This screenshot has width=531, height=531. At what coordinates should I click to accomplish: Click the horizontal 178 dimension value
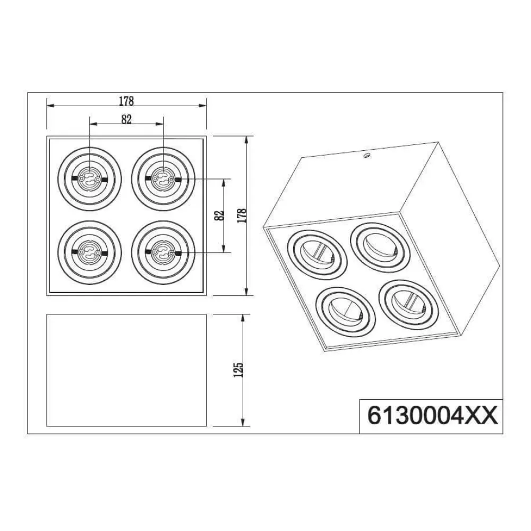pyautogui.click(x=126, y=100)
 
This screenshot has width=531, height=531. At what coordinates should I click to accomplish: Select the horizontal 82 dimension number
pyautogui.click(x=126, y=119)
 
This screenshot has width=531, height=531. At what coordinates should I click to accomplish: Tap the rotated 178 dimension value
pyautogui.click(x=242, y=216)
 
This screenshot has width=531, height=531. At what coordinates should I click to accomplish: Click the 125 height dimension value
pyautogui.click(x=238, y=370)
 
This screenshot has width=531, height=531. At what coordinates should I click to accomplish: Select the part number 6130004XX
pyautogui.click(x=432, y=416)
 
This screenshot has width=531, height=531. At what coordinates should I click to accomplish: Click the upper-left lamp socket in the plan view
pyautogui.click(x=89, y=179)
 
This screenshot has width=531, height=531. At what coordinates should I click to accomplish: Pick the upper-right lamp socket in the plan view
pyautogui.click(x=163, y=179)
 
